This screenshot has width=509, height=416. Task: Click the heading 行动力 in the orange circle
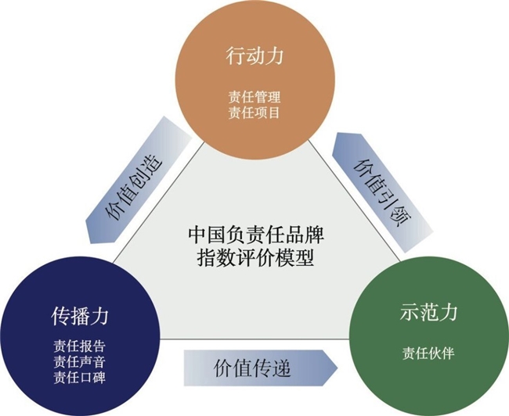(254, 56)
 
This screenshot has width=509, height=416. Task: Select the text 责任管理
(254, 97)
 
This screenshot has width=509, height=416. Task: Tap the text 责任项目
(254, 113)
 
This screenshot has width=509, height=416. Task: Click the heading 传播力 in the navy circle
(80, 317)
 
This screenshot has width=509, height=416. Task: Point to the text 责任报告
(80, 346)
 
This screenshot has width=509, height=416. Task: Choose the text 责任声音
(80, 362)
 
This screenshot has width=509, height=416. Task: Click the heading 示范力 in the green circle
(428, 312)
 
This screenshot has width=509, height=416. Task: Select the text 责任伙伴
(428, 353)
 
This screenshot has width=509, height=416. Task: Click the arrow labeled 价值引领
(383, 192)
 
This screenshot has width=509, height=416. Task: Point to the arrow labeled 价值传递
(261, 368)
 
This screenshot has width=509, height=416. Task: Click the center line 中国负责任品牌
(256, 235)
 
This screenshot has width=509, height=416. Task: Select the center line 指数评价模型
(256, 258)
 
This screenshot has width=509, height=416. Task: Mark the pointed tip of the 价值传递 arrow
(338, 368)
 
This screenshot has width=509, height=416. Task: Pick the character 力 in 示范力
(448, 312)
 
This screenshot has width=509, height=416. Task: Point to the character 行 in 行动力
(235, 56)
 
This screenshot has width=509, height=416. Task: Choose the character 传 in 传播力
(60, 317)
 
